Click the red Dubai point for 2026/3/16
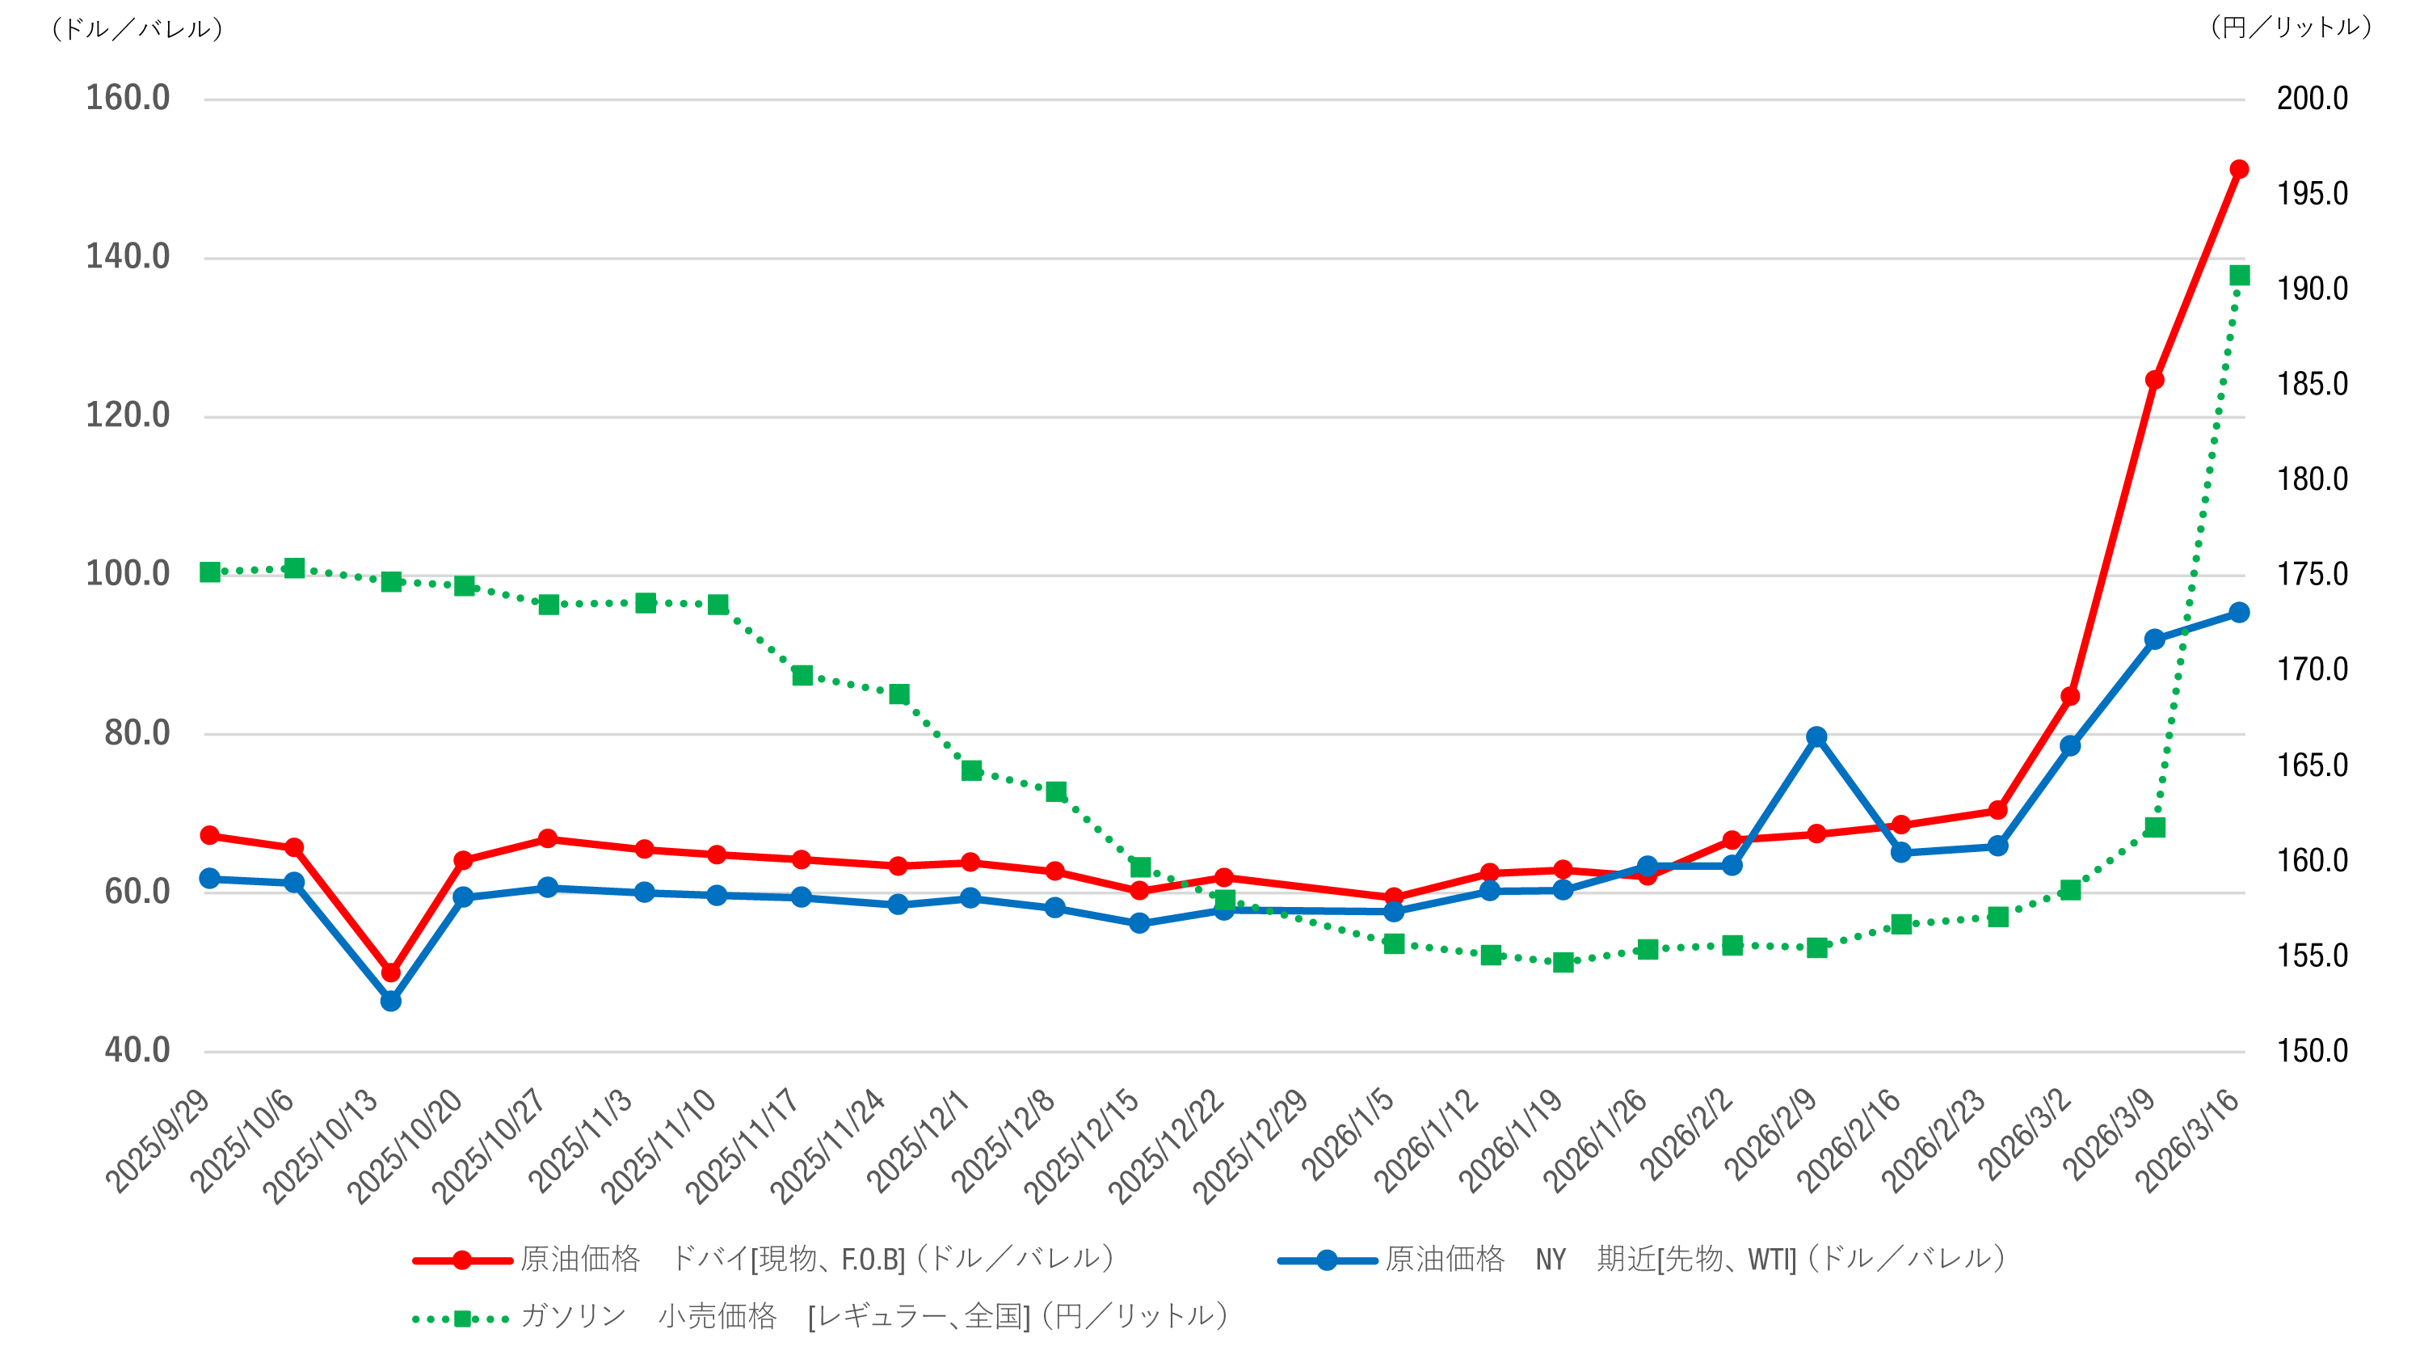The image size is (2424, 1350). click(x=2239, y=170)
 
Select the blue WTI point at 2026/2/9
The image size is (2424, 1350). click(x=1816, y=737)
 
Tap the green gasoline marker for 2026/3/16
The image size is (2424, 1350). click(x=2240, y=275)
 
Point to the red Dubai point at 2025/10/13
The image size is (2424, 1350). click(x=390, y=972)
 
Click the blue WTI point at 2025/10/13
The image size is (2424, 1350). click(x=390, y=1001)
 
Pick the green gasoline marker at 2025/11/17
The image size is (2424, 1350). click(x=802, y=675)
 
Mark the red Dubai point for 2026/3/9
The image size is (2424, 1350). click(x=2154, y=380)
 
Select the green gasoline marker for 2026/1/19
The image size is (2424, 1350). click(x=1563, y=962)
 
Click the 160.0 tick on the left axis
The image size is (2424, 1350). click(x=128, y=98)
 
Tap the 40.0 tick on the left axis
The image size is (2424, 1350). click(x=137, y=1051)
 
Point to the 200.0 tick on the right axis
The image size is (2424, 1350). click(x=2312, y=98)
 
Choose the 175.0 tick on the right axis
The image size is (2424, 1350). click(x=2312, y=574)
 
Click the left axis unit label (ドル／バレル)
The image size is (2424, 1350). click(x=137, y=29)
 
